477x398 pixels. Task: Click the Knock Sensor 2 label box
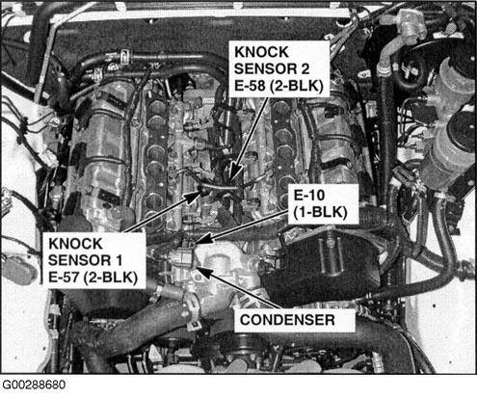pyautogui.click(x=278, y=68)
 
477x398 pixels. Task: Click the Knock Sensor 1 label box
pyautogui.click(x=93, y=260)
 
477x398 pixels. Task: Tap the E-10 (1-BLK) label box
pyautogui.click(x=323, y=204)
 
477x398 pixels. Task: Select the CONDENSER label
pyautogui.click(x=295, y=320)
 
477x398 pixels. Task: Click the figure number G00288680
pyautogui.click(x=34, y=385)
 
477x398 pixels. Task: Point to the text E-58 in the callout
pyautogui.click(x=250, y=86)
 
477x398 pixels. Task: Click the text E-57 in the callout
pyautogui.click(x=64, y=278)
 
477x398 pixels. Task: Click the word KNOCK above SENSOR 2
pyautogui.click(x=261, y=52)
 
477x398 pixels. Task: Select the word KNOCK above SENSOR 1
pyautogui.click(x=75, y=244)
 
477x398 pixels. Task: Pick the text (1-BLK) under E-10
pyautogui.click(x=321, y=212)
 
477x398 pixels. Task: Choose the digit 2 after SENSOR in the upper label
pyautogui.click(x=305, y=69)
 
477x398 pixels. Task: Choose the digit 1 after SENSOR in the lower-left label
pyautogui.click(x=119, y=260)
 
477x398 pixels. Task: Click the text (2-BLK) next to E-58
pyautogui.click(x=296, y=86)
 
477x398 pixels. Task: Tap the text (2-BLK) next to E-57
pyautogui.click(x=111, y=278)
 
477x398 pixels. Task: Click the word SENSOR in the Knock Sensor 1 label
pyautogui.click(x=79, y=260)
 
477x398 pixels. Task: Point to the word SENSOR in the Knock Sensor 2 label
pyautogui.click(x=265, y=69)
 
